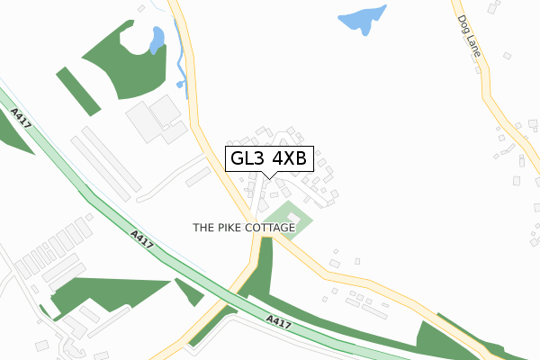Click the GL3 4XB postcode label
coord(269,158)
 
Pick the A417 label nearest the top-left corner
coord(21,119)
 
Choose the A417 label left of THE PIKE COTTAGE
coord(140,240)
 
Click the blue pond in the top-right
coord(363,19)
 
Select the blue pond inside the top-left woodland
coord(157,40)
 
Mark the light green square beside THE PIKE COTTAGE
coord(292,218)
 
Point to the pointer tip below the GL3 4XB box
coord(269,177)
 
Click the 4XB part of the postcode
coord(290,158)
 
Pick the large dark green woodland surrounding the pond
coord(126,63)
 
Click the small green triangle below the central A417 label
coord(190,292)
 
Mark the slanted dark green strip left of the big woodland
coord(78,90)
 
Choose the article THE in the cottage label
coord(203,229)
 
